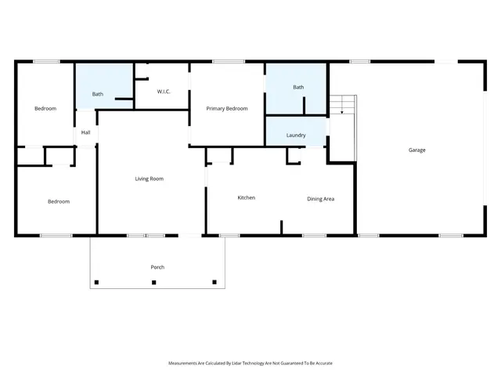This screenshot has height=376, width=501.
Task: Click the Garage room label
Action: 416,150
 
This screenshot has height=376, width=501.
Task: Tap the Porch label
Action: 157,267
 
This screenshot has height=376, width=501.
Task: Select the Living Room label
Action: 149,179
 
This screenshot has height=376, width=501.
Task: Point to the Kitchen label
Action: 246,197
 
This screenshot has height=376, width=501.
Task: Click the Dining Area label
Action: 320,199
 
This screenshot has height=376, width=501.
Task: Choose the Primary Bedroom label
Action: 227,108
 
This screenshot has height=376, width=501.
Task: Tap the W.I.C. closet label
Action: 164,92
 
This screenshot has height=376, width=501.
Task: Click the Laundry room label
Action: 296,135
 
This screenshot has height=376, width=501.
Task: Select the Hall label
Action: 85,133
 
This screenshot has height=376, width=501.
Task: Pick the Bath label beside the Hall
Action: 97,94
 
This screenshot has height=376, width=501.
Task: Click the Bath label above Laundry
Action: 298,87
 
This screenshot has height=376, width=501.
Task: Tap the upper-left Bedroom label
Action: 45,108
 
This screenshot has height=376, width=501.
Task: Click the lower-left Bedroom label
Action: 58,201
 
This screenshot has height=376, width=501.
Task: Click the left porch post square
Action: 96,282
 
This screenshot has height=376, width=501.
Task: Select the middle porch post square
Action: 154,282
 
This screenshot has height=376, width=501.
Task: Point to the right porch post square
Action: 214,282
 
